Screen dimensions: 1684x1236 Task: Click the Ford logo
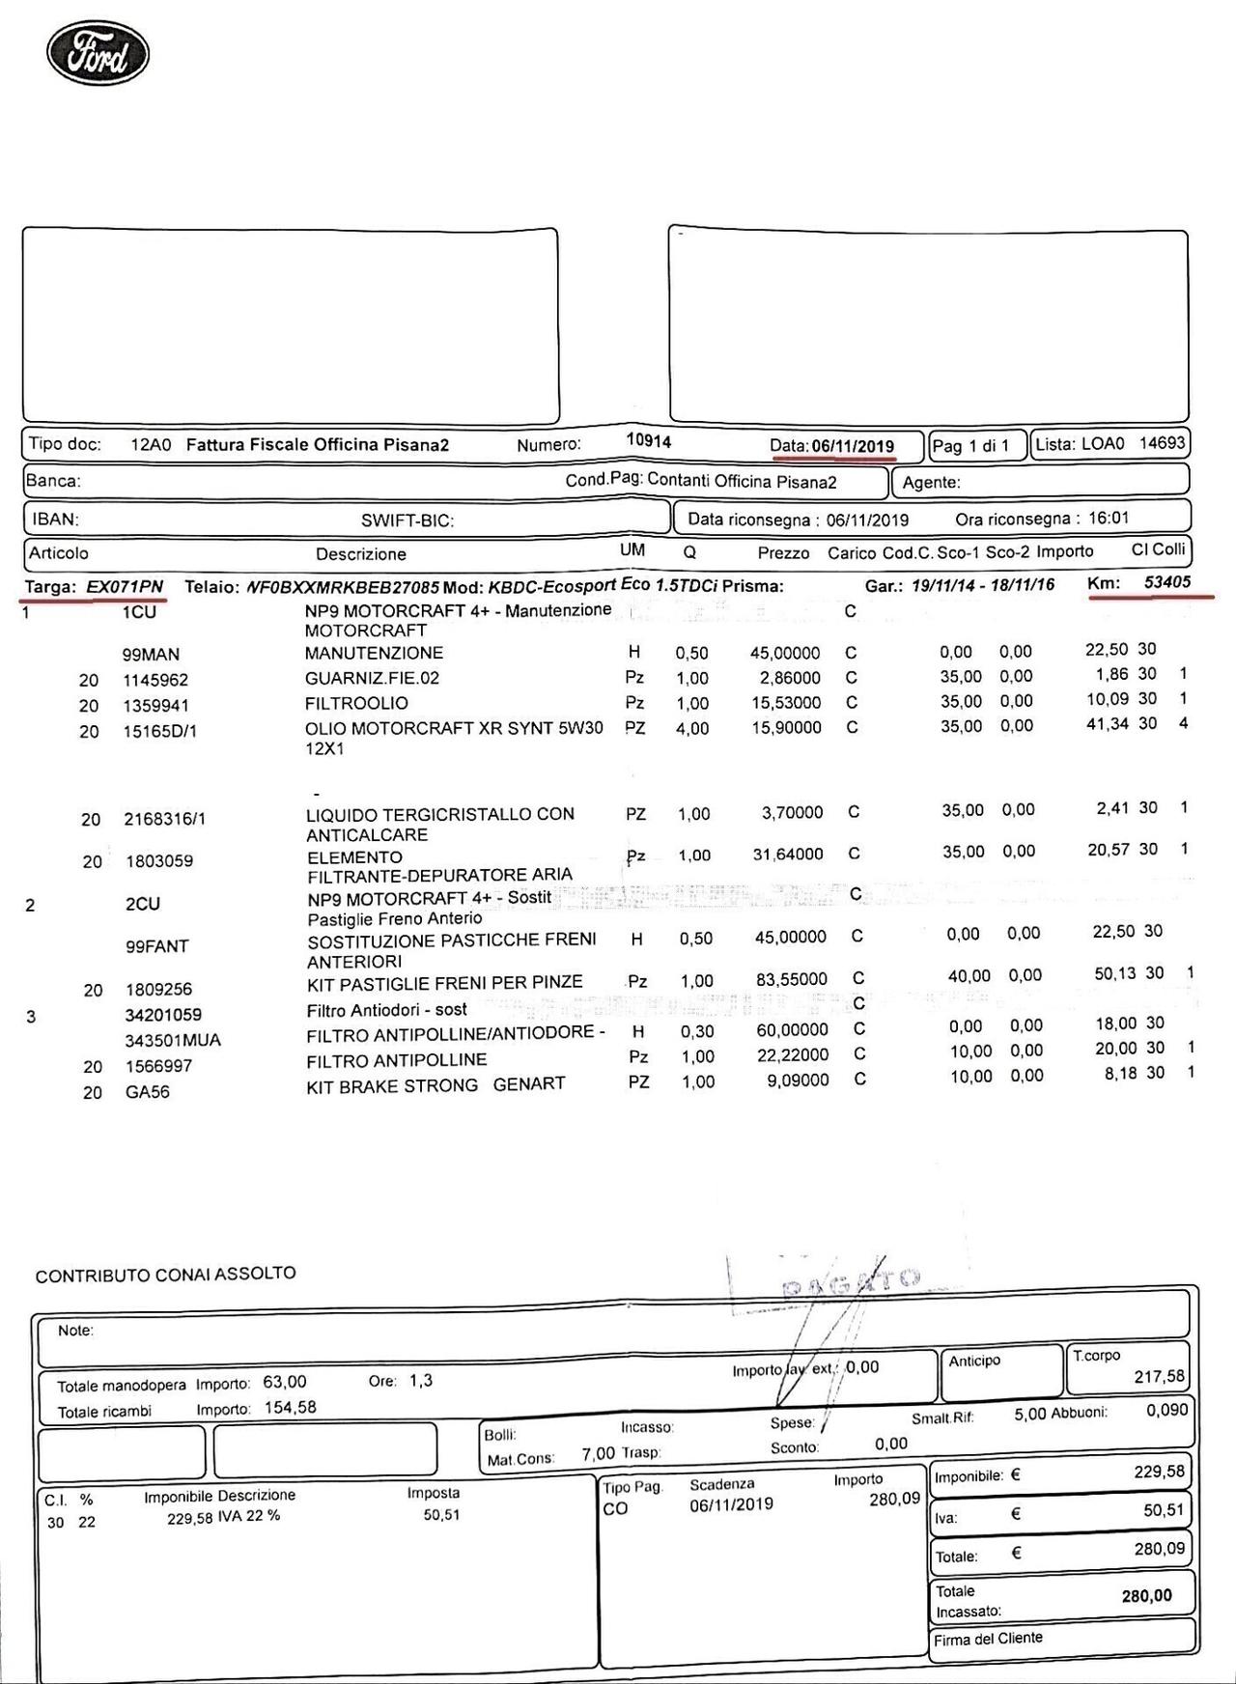[98, 53]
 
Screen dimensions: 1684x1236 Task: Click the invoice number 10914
[648, 440]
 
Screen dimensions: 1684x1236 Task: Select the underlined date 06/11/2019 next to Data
[853, 446]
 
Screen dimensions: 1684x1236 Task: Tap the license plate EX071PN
[125, 587]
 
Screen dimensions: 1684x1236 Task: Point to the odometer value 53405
[1166, 582]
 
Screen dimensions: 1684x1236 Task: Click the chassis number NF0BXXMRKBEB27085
[344, 587]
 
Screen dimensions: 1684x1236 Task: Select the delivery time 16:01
[1109, 518]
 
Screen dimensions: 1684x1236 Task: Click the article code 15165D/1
[159, 732]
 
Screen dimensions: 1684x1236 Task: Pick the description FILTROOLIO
[356, 703]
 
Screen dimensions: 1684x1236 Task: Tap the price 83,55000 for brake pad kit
[791, 979]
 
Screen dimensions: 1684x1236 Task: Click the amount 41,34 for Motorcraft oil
[1107, 723]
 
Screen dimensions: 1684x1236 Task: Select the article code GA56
[147, 1092]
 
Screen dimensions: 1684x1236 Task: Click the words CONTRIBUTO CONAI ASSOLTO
[165, 1275]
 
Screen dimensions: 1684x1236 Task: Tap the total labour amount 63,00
[284, 1383]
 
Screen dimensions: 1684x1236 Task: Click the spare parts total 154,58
[290, 1408]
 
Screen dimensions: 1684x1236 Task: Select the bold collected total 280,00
[1146, 1596]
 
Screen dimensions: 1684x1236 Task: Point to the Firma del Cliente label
[987, 1639]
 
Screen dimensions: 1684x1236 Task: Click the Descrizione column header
[360, 554]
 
